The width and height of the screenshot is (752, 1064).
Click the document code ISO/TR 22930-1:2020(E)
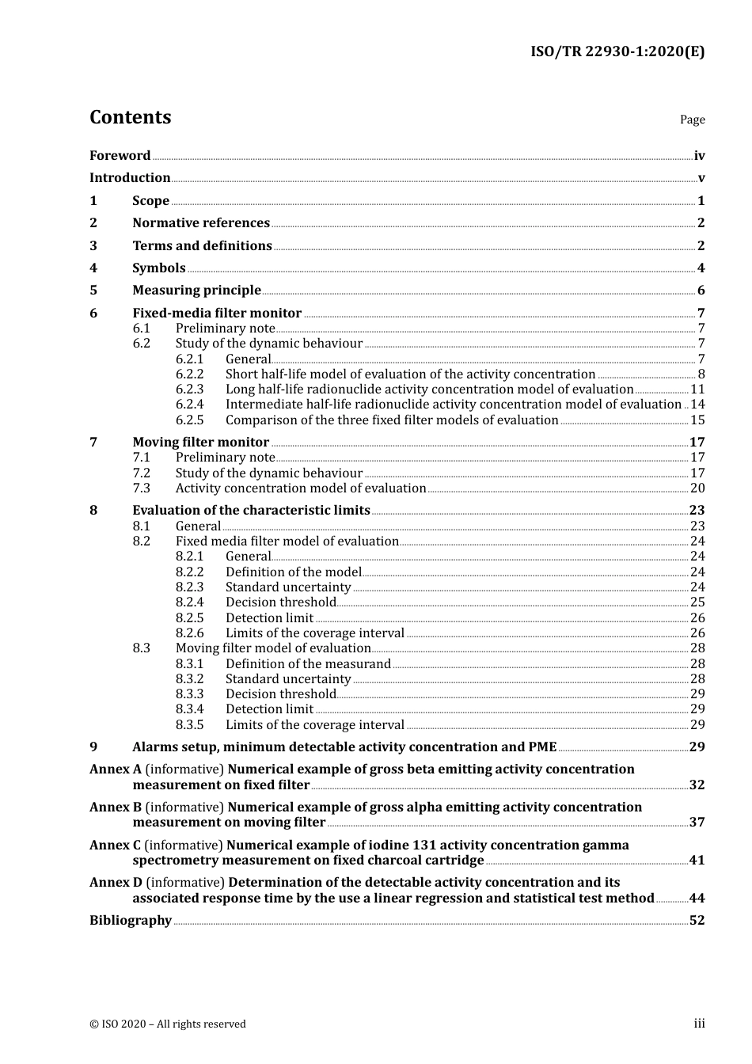[x=617, y=51]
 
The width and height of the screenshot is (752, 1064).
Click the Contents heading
[x=130, y=117]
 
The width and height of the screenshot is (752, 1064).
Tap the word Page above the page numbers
[x=692, y=120]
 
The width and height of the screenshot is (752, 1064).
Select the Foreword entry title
[x=120, y=156]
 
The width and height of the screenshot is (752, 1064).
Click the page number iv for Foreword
[x=699, y=156]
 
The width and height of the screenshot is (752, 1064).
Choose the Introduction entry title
[x=130, y=178]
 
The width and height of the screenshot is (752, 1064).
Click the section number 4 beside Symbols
[x=93, y=268]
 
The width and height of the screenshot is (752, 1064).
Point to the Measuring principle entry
[x=196, y=291]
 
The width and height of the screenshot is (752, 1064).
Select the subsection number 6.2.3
[x=189, y=389]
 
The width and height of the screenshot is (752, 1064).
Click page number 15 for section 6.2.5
[x=697, y=420]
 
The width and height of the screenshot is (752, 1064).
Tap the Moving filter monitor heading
[x=200, y=443]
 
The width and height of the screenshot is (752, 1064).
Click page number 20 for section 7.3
[x=697, y=488]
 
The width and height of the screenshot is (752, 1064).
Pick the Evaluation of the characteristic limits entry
[x=251, y=511]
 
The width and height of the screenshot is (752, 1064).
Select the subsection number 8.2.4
[x=189, y=602]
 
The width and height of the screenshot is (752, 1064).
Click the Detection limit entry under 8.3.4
[x=269, y=709]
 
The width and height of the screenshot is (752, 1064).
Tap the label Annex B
[x=116, y=807]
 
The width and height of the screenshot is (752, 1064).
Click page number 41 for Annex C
[x=697, y=861]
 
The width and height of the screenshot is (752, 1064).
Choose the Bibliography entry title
[x=131, y=921]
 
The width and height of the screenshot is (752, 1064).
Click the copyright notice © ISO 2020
[x=167, y=1024]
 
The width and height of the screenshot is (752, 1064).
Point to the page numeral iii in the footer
[x=699, y=1024]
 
